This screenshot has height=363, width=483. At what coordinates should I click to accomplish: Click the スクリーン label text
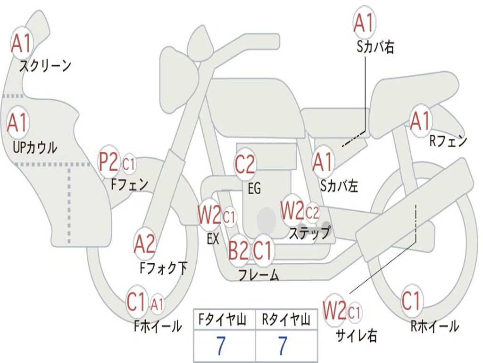click(45, 66)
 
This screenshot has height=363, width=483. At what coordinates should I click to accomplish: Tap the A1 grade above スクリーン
click(21, 43)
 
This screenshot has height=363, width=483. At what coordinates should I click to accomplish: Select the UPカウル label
click(35, 147)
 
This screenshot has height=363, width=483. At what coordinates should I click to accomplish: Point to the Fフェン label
click(130, 184)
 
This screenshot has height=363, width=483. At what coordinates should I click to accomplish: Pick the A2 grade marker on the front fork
click(145, 244)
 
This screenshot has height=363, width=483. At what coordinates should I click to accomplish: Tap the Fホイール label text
click(158, 326)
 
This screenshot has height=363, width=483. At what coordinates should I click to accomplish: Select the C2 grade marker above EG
click(245, 164)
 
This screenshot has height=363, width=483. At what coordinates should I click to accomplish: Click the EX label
click(213, 239)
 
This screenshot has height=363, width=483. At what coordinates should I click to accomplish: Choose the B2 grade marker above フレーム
click(238, 251)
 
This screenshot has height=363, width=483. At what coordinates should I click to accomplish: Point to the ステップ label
click(309, 233)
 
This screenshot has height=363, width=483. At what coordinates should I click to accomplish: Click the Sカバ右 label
click(375, 47)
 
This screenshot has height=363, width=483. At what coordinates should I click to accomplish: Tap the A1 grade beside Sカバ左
click(323, 162)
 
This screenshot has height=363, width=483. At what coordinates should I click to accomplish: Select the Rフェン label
click(449, 141)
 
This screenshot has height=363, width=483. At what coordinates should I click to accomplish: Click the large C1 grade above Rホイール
click(411, 301)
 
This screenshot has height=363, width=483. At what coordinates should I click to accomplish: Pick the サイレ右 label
click(357, 335)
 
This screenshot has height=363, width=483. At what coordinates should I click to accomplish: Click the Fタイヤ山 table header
click(222, 320)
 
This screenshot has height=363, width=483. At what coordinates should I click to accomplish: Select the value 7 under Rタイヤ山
click(283, 346)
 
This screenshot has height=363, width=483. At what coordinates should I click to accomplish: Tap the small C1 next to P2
click(129, 164)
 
